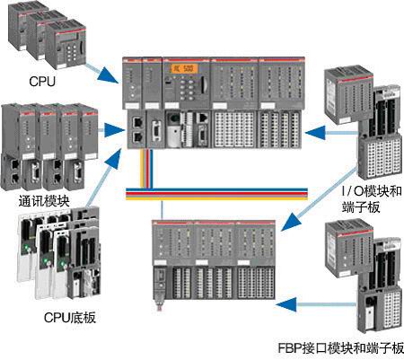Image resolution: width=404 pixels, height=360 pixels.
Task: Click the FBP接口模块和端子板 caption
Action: pyautogui.click(x=341, y=347)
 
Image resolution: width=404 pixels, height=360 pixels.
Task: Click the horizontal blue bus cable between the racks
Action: pyautogui.click(x=224, y=190)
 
